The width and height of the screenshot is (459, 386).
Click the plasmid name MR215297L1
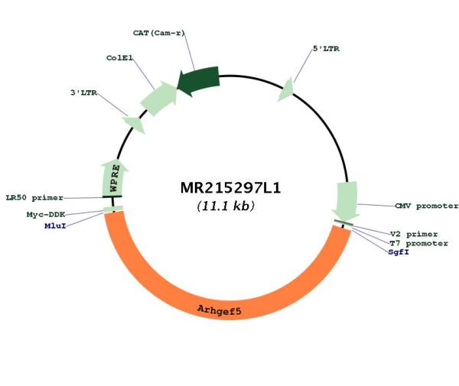point(230,188)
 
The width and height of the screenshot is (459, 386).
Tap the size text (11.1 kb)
point(226,206)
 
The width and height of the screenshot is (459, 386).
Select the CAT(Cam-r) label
point(159,33)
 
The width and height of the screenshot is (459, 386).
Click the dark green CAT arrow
point(199,81)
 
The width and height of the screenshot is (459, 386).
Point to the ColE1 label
point(119,58)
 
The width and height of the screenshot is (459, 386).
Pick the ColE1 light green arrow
point(159,99)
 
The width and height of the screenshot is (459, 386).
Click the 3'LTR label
point(83,92)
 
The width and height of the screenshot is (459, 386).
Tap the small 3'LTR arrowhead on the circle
point(134,125)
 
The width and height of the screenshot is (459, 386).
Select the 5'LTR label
point(326,49)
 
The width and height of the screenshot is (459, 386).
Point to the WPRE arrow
point(114,179)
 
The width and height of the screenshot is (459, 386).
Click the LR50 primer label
point(34,198)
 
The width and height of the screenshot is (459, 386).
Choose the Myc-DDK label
point(46,215)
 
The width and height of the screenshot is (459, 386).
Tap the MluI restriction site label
point(55,225)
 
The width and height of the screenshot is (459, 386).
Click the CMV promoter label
point(427,206)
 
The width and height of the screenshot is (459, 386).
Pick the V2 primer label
point(414,234)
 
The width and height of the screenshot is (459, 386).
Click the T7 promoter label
point(418,243)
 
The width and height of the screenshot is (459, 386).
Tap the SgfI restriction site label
point(399,252)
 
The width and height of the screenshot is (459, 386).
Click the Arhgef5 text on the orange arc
point(220,310)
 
